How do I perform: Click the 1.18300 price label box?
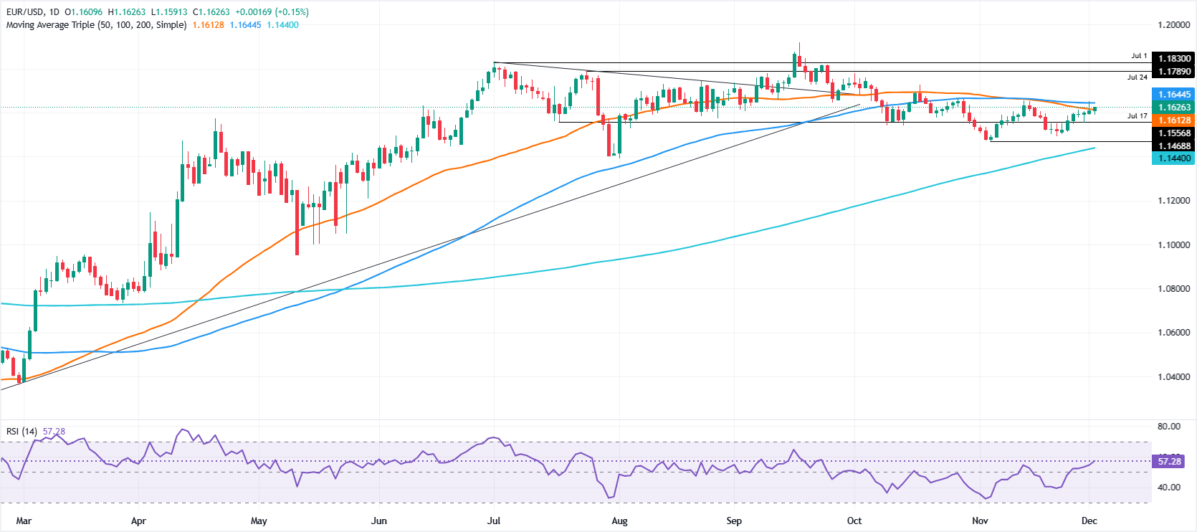[1173, 59]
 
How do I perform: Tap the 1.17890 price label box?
[1173, 72]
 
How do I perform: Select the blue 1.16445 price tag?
[1173, 95]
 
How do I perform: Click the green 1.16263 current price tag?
[1173, 108]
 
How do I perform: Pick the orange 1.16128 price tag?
[1173, 120]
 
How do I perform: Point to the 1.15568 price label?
[1173, 133]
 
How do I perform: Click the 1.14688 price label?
[1173, 146]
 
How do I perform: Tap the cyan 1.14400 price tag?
[1173, 158]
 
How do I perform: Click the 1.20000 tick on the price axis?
[1173, 25]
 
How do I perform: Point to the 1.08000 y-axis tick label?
[1173, 289]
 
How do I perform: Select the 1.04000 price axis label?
[1173, 377]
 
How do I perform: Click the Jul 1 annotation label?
[1139, 56]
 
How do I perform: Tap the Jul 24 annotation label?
[1137, 77]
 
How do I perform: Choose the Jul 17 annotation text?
[1137, 116]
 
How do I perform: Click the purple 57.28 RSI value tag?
[1169, 462]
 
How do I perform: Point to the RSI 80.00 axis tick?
[1168, 427]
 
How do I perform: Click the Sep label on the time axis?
[733, 521]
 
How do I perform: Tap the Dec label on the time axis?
[1089, 521]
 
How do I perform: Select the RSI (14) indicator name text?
[22, 432]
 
